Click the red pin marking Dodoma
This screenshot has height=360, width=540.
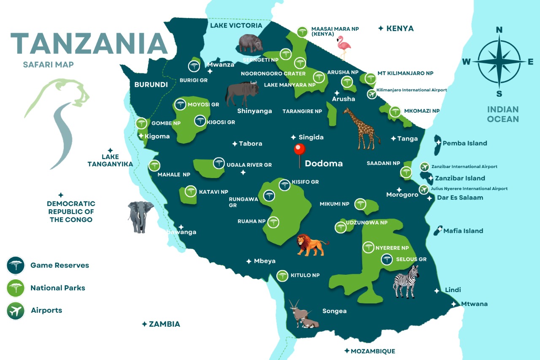click(299, 150)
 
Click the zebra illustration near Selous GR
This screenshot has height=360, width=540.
click(406, 282)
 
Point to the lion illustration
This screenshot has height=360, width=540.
click(311, 245)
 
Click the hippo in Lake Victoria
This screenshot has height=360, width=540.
click(251, 43)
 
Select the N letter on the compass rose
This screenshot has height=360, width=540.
click(499, 30)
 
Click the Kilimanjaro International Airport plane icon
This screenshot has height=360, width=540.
click(371, 94)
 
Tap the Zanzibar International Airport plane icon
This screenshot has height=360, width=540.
click(424, 167)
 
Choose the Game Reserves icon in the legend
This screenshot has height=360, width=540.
click(16, 265)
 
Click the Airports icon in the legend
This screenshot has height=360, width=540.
click(16, 311)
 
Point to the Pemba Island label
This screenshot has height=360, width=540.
click(464, 143)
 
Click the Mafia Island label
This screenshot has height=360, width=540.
click(463, 231)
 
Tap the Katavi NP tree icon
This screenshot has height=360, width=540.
click(191, 191)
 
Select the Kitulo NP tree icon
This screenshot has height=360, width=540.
click(282, 276)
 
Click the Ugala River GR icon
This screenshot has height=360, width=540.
click(219, 163)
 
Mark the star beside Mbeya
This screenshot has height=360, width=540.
click(249, 261)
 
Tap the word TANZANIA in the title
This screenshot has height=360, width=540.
click(89, 43)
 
